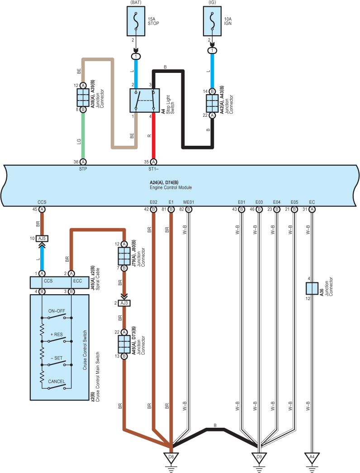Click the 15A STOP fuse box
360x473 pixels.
tap(136, 21)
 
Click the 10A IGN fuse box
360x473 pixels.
tap(212, 21)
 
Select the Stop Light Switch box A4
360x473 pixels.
tap(145, 100)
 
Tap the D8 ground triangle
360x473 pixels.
tap(171, 458)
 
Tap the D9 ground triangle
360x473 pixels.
tap(259, 458)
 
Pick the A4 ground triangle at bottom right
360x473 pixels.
tap(312, 458)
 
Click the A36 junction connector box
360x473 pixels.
tap(312, 288)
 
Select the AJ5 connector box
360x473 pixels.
tap(42, 239)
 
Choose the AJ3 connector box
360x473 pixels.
tap(124, 303)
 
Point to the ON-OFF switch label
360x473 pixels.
tap(57, 311)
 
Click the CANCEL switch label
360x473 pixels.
tap(57, 382)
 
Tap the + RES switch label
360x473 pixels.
tap(57, 334)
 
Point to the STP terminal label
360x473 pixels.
tap(83, 169)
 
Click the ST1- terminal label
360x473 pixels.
tap(153, 169)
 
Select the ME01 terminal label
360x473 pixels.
tap(189, 202)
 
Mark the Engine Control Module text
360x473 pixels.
tap(171, 187)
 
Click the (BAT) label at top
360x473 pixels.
tap(136, 2)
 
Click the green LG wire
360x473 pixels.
tap(83, 136)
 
